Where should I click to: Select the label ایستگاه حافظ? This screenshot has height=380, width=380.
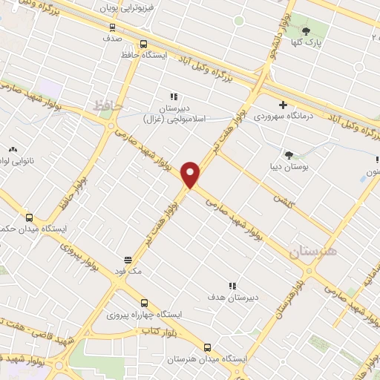(x=143, y=55)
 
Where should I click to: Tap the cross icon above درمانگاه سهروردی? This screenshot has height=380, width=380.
(x=283, y=104)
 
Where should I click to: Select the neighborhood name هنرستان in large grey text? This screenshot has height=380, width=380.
(x=312, y=251)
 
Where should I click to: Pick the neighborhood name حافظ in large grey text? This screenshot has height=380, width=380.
(x=108, y=106)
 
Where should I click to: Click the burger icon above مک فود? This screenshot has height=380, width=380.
(x=128, y=261)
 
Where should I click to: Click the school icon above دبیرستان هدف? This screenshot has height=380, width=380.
(x=232, y=286)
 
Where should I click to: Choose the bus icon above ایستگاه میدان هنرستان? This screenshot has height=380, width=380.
(x=207, y=347)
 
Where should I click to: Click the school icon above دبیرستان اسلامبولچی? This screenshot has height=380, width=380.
(x=174, y=96)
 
